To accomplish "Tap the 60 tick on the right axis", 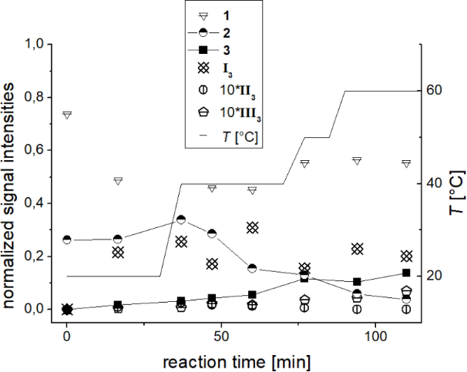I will point(434,91).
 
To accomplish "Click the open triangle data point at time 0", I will point(67,115).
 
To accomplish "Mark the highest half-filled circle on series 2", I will point(181,220).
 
